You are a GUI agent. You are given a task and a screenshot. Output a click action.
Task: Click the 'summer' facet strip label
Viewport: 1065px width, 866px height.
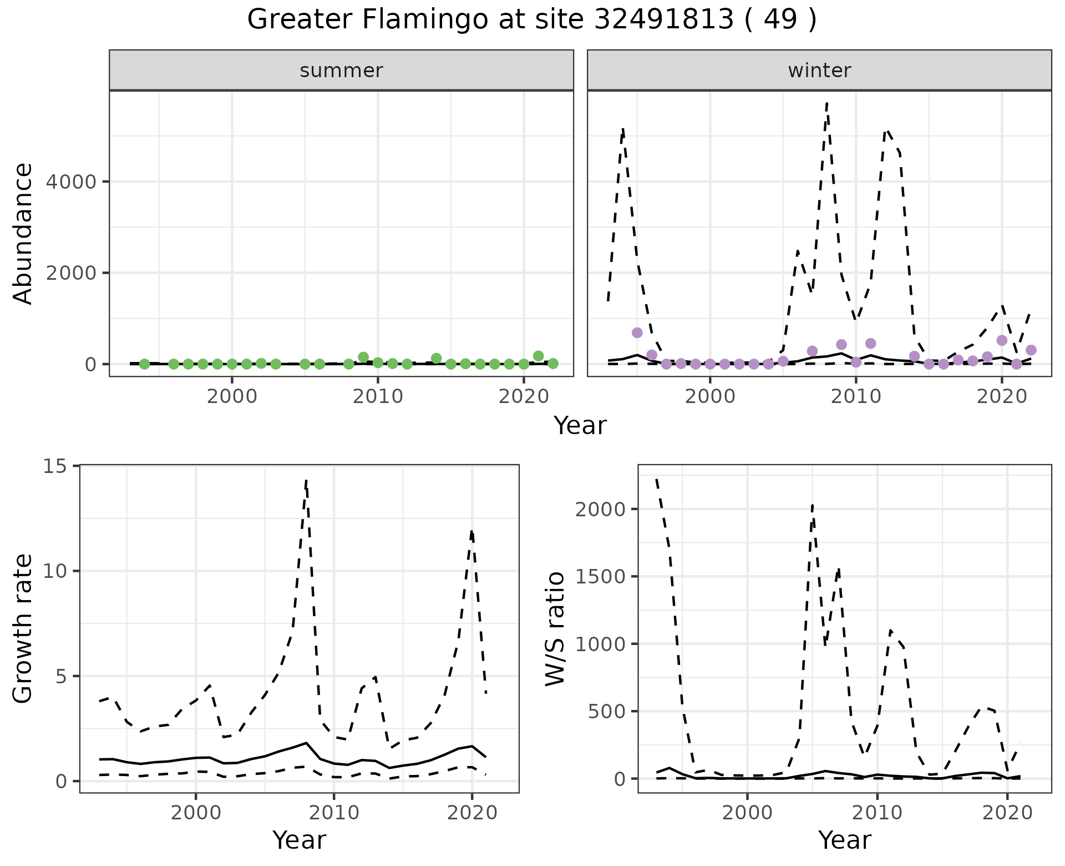[x=341, y=71]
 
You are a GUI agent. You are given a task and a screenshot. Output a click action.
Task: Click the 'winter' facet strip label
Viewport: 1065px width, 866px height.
[x=819, y=71]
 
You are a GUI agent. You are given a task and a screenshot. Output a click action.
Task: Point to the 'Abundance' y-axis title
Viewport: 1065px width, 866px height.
[x=23, y=233]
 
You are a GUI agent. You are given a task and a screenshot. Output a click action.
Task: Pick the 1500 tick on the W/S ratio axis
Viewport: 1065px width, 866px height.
[x=600, y=577]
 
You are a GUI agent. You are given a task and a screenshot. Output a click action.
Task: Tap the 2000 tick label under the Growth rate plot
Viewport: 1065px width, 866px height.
[x=195, y=813]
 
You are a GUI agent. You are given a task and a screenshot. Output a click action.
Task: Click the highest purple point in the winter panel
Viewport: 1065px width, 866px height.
[x=637, y=333]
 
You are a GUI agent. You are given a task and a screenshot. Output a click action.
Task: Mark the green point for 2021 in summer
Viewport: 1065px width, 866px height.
[x=538, y=356]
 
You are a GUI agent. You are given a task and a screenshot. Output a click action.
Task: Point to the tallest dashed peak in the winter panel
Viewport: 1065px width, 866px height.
[x=827, y=103]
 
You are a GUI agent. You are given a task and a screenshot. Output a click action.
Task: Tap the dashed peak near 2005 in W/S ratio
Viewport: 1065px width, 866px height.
[x=812, y=505]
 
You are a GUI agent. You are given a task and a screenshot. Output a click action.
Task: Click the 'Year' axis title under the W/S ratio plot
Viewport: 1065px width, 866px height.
[x=844, y=840]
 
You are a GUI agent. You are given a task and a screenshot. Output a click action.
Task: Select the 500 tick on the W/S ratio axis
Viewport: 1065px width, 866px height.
[x=606, y=711]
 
